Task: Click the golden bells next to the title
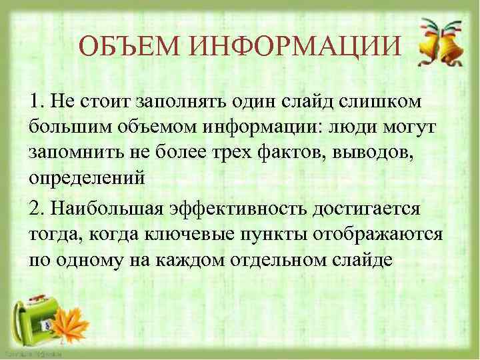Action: [437, 43]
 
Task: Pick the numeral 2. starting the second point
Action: [37, 209]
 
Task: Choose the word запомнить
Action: [69, 153]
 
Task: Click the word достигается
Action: [369, 209]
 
